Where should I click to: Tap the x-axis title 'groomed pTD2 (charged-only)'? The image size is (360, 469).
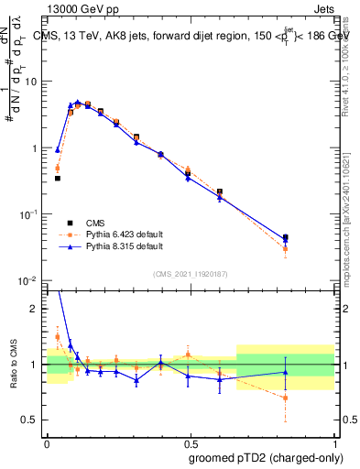[x=265, y=457]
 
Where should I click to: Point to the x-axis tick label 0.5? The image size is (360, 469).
[x=190, y=442]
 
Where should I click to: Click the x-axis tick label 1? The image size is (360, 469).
[x=333, y=442]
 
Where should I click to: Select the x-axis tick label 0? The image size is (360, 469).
[x=47, y=442]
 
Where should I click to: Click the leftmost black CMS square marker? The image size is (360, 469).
[x=58, y=178]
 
